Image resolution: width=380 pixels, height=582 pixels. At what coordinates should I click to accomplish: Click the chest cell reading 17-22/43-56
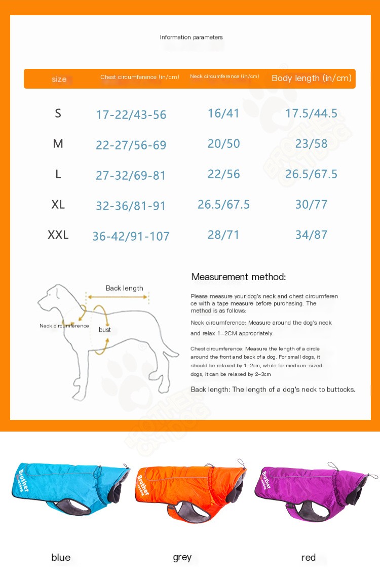(x=131, y=115)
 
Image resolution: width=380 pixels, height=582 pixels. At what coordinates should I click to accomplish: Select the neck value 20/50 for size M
(x=223, y=144)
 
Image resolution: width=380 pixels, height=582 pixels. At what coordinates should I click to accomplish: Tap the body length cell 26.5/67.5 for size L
(x=311, y=174)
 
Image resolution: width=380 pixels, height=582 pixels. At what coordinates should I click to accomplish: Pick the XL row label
(x=58, y=205)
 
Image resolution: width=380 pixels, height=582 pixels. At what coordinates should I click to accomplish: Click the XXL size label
(x=58, y=235)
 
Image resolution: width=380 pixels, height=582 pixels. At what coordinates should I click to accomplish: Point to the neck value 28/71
(x=223, y=235)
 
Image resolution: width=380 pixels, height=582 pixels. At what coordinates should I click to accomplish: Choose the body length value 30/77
(x=311, y=205)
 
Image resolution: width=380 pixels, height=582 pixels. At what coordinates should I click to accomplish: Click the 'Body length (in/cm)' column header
(x=311, y=78)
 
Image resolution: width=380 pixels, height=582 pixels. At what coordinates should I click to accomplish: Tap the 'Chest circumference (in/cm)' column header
(x=140, y=77)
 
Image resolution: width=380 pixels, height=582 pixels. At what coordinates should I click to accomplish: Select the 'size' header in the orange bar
(x=59, y=80)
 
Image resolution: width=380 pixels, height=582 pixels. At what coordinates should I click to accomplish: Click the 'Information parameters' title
(x=191, y=37)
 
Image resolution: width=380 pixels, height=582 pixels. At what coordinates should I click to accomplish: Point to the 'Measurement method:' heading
(x=239, y=277)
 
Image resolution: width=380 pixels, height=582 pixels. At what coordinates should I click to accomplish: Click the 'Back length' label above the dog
(x=124, y=288)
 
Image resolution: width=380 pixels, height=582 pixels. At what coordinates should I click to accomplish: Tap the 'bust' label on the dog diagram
(x=105, y=330)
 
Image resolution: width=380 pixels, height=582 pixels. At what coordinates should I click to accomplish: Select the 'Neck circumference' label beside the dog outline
(x=64, y=326)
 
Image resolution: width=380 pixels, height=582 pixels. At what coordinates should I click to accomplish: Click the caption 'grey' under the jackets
(x=182, y=558)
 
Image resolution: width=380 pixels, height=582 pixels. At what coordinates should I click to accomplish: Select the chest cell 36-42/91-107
(x=131, y=236)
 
